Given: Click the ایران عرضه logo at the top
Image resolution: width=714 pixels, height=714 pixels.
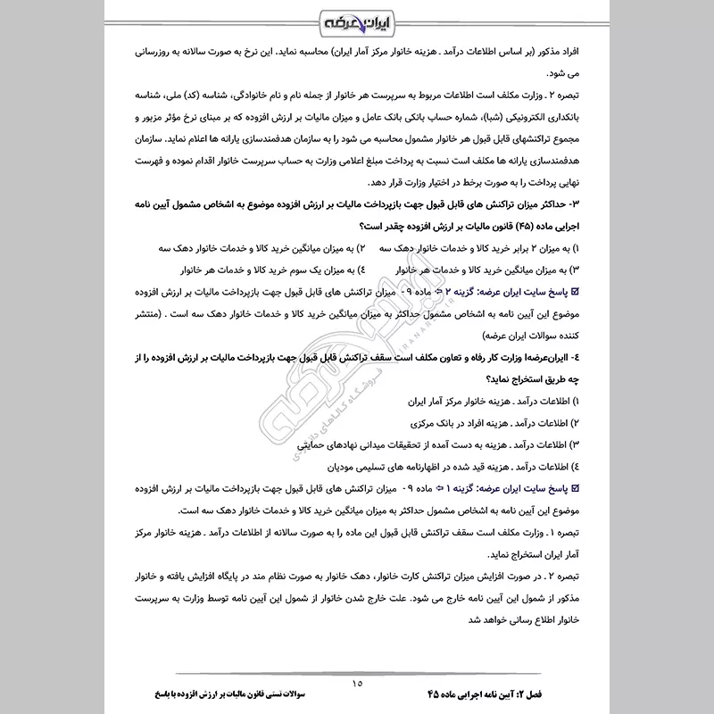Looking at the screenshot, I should click(356, 21).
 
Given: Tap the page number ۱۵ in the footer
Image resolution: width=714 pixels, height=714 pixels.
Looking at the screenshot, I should click(357, 682).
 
